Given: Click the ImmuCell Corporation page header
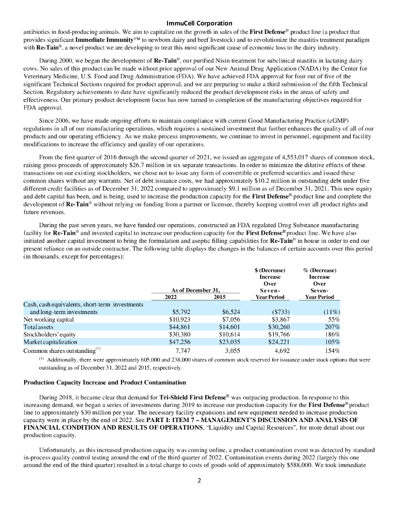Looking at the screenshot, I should coord(199,23).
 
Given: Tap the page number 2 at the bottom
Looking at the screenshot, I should coord(199,480).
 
